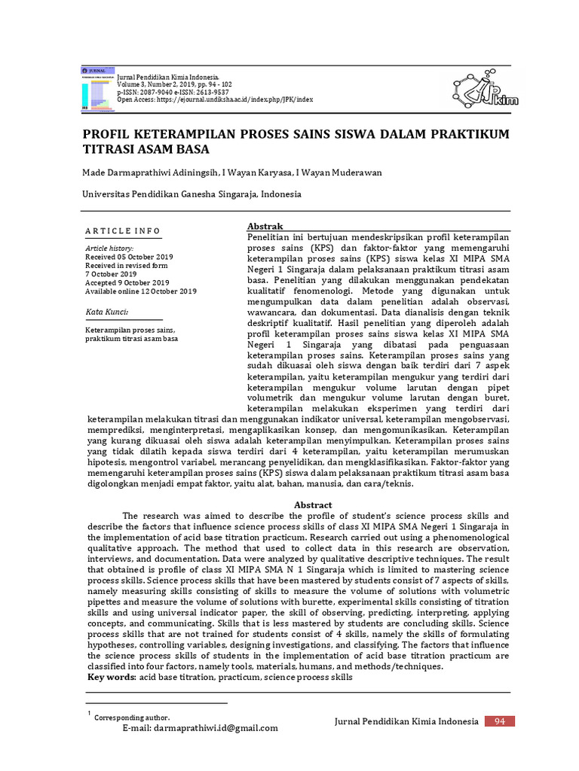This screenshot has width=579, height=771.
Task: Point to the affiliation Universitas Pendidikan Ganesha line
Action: (x=191, y=194)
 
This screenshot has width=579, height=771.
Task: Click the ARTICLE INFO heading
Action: (x=122, y=230)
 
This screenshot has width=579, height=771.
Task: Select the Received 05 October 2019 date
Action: (x=129, y=257)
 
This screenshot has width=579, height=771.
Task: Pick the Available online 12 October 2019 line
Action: (x=140, y=291)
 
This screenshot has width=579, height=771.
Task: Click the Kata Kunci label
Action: (x=106, y=312)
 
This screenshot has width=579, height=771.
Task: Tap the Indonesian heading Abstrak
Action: (x=265, y=227)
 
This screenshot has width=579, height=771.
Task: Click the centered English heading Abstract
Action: (x=313, y=504)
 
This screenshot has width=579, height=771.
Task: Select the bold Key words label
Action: (x=112, y=678)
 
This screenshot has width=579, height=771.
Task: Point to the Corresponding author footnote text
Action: (x=132, y=718)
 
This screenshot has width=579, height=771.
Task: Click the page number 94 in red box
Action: (x=499, y=721)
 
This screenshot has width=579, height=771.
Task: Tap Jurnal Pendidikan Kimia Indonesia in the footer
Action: (x=406, y=722)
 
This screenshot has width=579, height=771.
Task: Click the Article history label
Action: (x=109, y=248)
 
